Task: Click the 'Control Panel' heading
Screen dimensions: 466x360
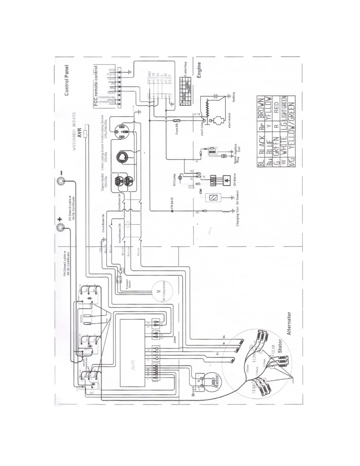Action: [x=67, y=80]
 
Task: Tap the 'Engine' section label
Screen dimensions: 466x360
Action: [x=199, y=70]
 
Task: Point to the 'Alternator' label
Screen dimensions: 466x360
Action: [x=289, y=323]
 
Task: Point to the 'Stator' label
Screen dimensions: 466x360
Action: [x=279, y=347]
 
